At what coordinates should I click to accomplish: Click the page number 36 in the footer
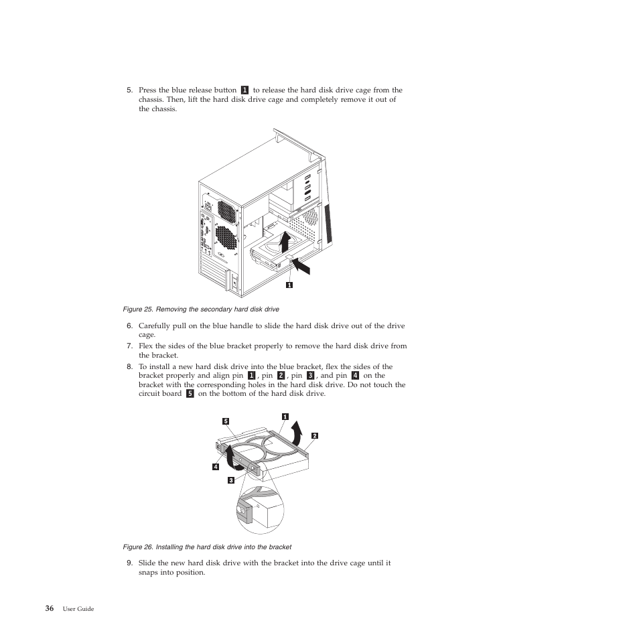click(50, 608)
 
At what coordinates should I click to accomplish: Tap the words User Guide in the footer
click(78, 609)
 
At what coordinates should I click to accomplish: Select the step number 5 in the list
click(129, 90)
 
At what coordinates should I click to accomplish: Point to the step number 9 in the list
click(129, 563)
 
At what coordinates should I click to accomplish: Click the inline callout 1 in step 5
click(244, 90)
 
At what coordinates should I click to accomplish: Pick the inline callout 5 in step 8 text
click(190, 394)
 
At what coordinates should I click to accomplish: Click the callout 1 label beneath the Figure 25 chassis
click(289, 285)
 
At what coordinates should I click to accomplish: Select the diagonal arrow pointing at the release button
click(299, 267)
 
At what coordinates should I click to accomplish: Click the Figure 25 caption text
click(201, 309)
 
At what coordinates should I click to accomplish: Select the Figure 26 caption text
click(207, 547)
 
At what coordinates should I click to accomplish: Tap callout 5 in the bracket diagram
click(226, 421)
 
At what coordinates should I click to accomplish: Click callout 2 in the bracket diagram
click(314, 435)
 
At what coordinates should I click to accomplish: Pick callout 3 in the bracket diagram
click(230, 480)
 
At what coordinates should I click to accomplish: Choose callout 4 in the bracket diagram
click(216, 466)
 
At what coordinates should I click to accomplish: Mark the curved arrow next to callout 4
click(231, 459)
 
